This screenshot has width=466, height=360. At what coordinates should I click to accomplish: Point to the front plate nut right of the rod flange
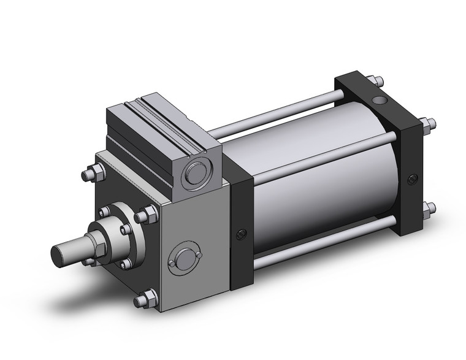click(x=148, y=215)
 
